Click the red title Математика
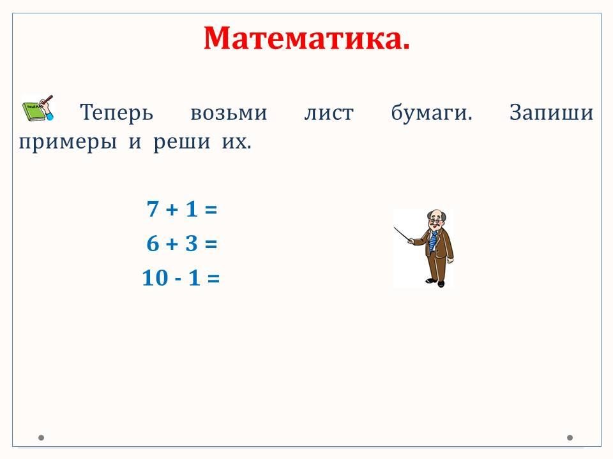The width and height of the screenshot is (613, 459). point(306,38)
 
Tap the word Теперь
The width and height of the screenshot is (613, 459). point(116,112)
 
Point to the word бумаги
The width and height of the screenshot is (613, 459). point(432,112)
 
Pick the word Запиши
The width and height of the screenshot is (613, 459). point(551,112)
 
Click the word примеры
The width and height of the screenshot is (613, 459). point(68,142)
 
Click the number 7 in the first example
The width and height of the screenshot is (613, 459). point(153,209)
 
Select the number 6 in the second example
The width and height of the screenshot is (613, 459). point(153,244)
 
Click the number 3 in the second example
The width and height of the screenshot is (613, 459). point(191,244)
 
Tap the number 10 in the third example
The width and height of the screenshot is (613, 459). point(155,278)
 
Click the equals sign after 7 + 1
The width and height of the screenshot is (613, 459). point(211,210)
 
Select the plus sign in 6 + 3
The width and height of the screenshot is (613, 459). point(172,244)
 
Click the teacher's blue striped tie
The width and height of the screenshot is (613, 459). point(432,241)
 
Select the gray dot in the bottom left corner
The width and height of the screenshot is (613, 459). point(41,437)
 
